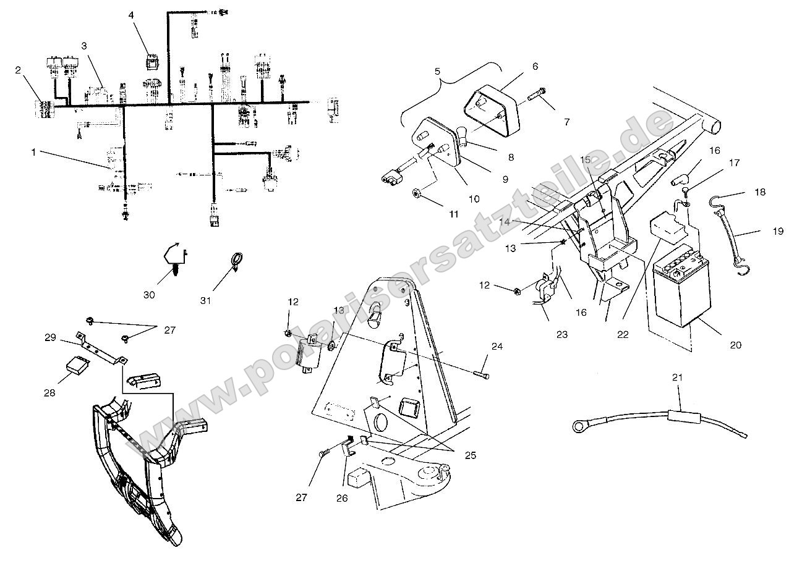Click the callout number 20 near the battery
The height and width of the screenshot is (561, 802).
pos(735,345)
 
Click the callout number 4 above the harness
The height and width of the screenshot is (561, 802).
pos(130,14)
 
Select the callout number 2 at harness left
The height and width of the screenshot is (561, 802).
pos(18,70)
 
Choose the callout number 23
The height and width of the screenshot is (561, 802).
pos(562,334)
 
